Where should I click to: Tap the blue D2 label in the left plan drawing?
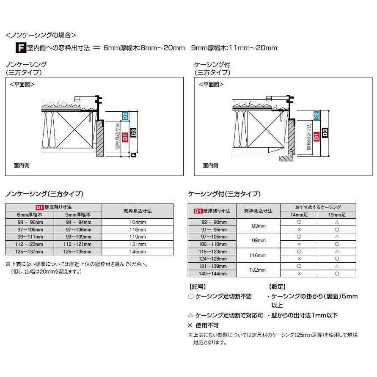click(125, 116)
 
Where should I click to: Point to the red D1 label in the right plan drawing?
click(317, 135)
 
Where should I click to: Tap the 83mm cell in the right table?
click(258, 226)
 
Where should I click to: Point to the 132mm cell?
click(258, 270)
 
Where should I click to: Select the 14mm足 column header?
click(299, 215)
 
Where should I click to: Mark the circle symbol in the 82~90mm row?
click(299, 222)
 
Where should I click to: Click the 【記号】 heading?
click(196, 286)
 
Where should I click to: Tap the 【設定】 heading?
click(277, 286)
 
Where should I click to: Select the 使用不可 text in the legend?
click(207, 325)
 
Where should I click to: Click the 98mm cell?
click(258, 240)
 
